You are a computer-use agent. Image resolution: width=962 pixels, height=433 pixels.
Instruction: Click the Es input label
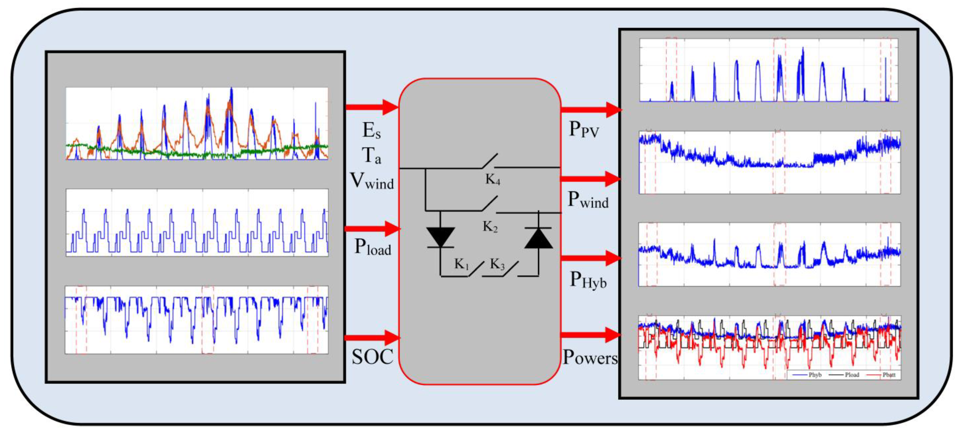click(372, 131)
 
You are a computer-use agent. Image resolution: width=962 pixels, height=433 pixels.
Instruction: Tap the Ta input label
click(372, 155)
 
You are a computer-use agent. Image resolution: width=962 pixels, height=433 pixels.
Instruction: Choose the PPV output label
click(584, 130)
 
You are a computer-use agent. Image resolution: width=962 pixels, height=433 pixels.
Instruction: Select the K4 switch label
click(493, 180)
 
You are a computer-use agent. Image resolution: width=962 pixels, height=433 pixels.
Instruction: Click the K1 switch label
click(461, 264)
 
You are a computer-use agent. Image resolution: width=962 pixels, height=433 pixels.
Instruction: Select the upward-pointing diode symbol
click(538, 238)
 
